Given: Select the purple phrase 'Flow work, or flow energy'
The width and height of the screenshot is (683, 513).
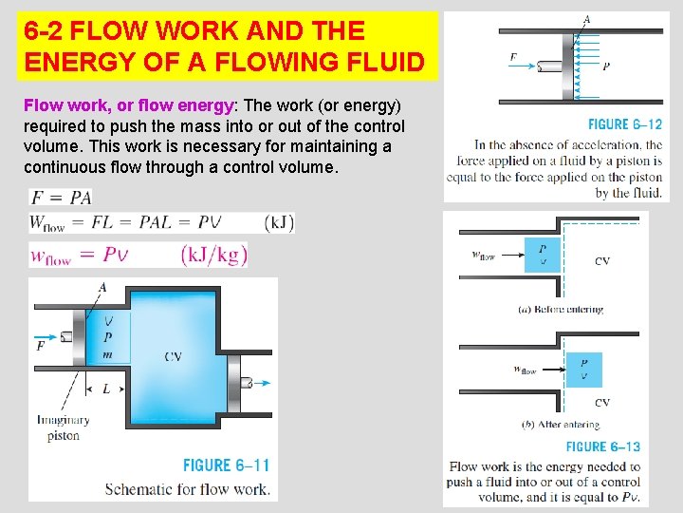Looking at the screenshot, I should point(129,105).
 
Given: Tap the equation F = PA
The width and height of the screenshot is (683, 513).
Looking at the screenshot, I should point(62,198).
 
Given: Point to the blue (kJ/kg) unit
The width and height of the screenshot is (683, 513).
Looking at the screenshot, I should point(213,255).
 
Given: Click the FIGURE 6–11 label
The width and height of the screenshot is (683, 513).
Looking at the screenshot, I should point(226,465).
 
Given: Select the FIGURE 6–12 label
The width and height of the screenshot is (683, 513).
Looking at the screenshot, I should point(624,124).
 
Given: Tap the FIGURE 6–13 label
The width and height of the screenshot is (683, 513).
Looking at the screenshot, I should point(602,446).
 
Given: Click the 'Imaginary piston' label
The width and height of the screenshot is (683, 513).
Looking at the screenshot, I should point(64,427).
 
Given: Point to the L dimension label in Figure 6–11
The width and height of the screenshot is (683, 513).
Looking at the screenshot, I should point(105,389).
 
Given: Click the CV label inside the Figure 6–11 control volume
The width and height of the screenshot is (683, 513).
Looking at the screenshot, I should point(174,356).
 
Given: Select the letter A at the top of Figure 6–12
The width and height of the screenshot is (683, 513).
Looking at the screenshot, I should point(586,20).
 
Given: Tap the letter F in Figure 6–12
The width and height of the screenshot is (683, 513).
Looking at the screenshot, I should point(513,58).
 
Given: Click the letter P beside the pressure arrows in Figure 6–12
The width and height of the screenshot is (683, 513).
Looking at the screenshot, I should point(606,66).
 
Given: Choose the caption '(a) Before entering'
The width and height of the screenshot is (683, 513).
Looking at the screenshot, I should point(561,309).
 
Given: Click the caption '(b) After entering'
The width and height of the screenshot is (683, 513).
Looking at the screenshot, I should point(561,424).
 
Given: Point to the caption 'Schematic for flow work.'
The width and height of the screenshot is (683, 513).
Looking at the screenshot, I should point(187,489).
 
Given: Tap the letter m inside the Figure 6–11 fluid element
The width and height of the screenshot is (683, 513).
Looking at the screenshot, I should point(107,354).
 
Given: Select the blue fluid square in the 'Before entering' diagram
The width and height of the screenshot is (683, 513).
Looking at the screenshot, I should point(543,256).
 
